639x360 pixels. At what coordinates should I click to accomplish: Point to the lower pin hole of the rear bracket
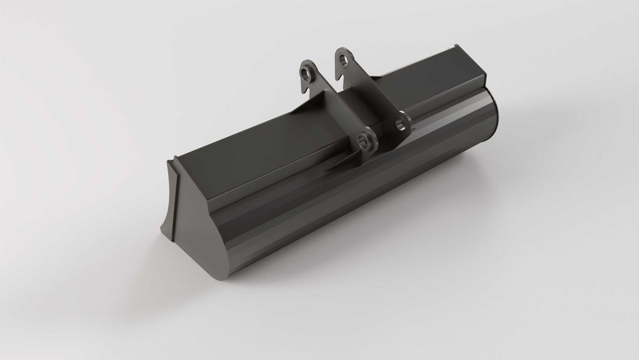pos(401,120)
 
